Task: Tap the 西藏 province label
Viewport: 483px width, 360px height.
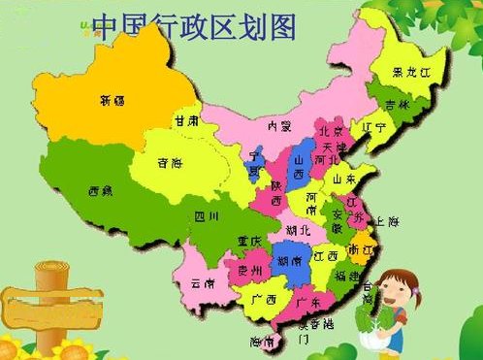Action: [x=100, y=190]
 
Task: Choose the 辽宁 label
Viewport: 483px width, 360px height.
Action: [x=372, y=127]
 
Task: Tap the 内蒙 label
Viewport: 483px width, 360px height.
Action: [x=280, y=125]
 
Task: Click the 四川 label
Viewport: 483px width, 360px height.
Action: [x=207, y=215]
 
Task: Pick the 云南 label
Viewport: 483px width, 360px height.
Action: [x=203, y=283]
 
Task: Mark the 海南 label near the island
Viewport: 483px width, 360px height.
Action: [x=260, y=342]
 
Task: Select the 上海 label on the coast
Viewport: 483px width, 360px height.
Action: [x=388, y=222]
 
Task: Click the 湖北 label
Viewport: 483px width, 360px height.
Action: [x=299, y=230]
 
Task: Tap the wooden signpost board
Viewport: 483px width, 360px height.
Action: [x=43, y=306]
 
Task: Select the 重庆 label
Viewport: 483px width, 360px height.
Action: [x=250, y=241]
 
